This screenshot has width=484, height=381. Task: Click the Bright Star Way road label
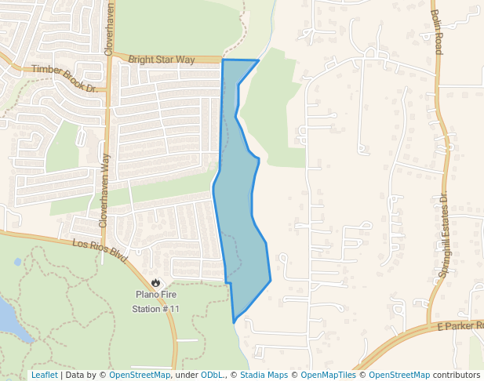161,59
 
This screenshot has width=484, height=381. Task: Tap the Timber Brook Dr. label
64,78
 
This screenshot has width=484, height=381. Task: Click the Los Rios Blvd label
100,249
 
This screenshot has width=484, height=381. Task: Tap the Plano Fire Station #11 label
155,302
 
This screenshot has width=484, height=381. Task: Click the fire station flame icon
155,283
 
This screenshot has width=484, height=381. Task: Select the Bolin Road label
436,31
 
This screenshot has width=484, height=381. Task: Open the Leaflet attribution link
44,375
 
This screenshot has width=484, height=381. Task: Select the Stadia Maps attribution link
264,375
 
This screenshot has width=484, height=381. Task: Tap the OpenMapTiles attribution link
329,375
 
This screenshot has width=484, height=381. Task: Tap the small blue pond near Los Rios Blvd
17,262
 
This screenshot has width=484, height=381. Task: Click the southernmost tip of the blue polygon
234,321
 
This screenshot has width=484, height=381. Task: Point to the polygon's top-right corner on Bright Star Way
258,60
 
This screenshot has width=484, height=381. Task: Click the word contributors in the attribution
457,375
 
